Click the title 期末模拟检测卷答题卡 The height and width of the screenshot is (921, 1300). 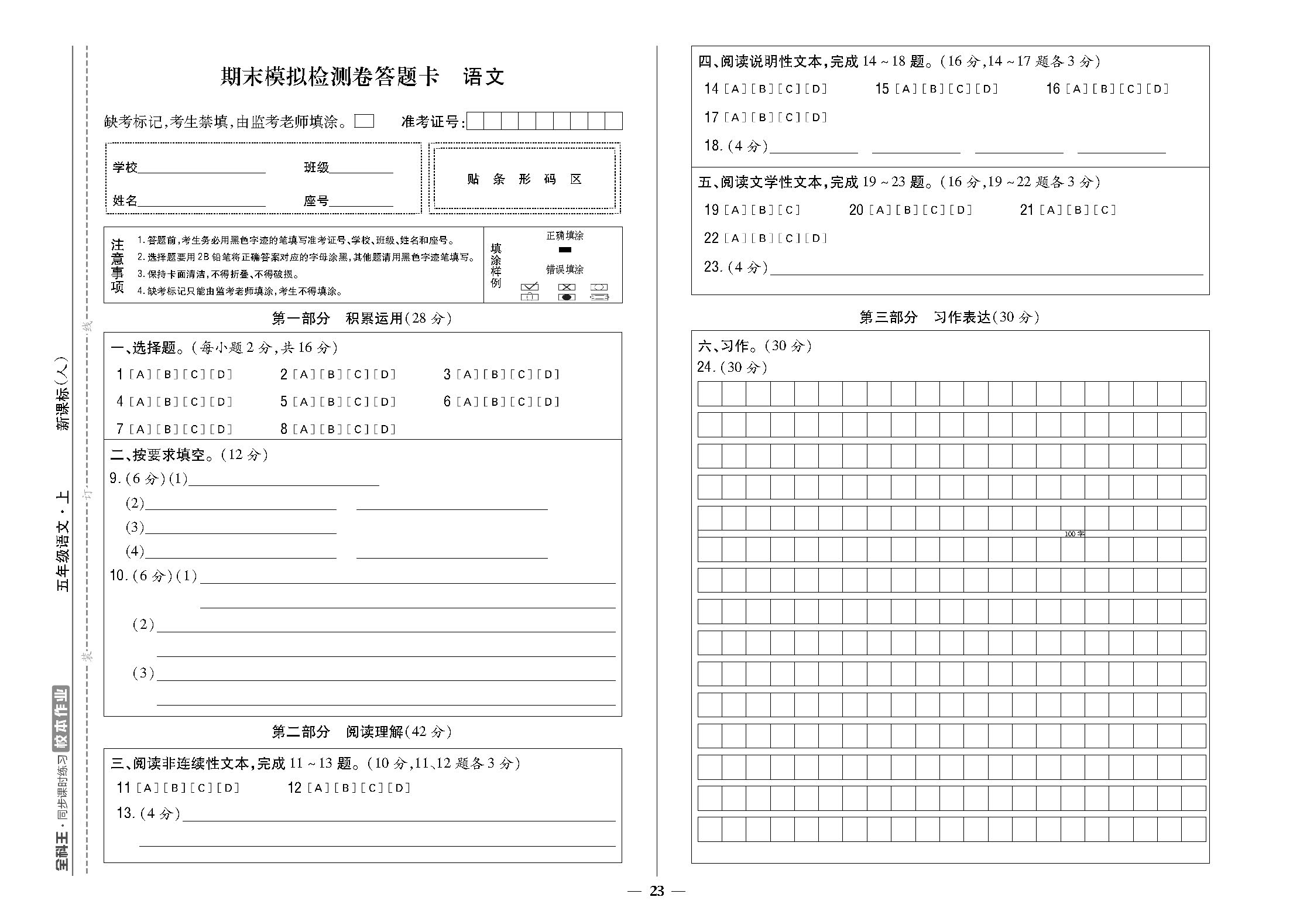pyautogui.click(x=329, y=77)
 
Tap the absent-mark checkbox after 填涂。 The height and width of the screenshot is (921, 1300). pyautogui.click(x=364, y=121)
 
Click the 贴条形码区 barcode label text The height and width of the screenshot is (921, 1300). pyautogui.click(x=524, y=179)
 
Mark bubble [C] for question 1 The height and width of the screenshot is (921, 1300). pyautogui.click(x=194, y=374)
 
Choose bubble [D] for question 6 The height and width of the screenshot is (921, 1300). pyautogui.click(x=548, y=402)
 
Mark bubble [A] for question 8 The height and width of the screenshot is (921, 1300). pyautogui.click(x=303, y=429)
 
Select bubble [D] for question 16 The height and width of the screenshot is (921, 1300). pyautogui.click(x=1157, y=89)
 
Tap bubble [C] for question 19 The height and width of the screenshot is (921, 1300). pyautogui.click(x=789, y=210)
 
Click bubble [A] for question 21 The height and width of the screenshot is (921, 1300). pyautogui.click(x=1051, y=210)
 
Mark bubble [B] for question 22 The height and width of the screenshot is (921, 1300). pyautogui.click(x=762, y=238)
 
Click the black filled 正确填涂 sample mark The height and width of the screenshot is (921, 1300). pyautogui.click(x=565, y=249)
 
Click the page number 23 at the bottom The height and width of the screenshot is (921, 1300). pyautogui.click(x=657, y=891)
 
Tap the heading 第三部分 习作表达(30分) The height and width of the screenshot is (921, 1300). pyautogui.click(x=949, y=317)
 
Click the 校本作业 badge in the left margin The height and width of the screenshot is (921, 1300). pyautogui.click(x=61, y=718)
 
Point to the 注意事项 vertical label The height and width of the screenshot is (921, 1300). pyautogui.click(x=118, y=265)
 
